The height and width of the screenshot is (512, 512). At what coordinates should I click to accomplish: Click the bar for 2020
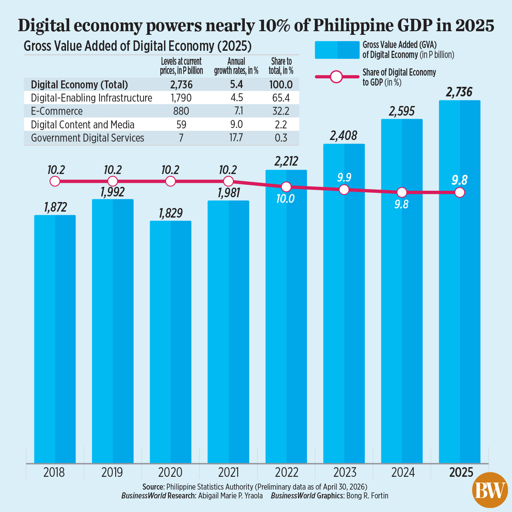pos(170,342)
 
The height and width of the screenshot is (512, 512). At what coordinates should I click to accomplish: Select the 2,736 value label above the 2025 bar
pos(459,92)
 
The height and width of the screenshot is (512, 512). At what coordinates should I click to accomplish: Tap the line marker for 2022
pos(286,187)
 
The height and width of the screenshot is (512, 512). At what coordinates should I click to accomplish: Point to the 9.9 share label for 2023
pos(344,177)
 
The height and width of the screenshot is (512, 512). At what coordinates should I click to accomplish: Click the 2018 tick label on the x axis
pos(54,472)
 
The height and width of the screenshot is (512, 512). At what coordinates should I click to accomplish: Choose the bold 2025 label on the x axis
pos(461,472)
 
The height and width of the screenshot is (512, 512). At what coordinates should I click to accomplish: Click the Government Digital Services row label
pos(88,138)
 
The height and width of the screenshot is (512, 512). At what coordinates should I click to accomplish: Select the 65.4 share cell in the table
pos(281,98)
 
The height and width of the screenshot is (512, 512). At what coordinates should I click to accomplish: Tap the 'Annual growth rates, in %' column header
pos(236,66)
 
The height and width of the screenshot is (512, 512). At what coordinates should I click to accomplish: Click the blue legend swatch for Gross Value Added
pos(337,50)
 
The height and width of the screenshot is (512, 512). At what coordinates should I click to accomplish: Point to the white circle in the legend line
pos(336,77)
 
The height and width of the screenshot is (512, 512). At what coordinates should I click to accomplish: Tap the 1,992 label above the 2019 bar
pos(112,192)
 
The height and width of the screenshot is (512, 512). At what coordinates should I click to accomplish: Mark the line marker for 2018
pos(55,181)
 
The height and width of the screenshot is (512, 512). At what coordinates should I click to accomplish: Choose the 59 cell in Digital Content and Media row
pos(181,125)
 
